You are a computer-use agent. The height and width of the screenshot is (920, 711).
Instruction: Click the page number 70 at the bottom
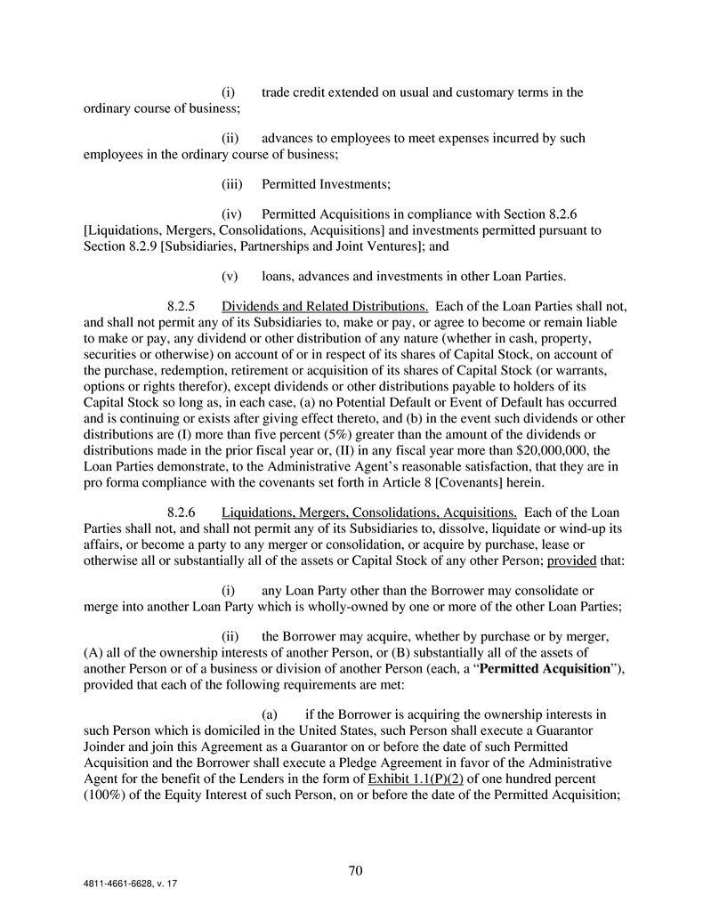tap(355, 871)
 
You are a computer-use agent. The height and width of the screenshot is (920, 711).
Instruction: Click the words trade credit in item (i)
tap(298, 93)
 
